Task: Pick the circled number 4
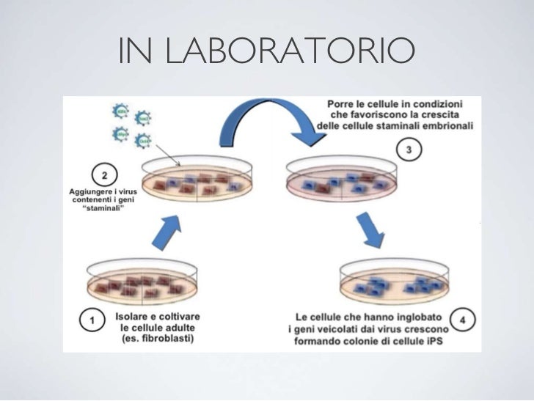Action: [x=465, y=321]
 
